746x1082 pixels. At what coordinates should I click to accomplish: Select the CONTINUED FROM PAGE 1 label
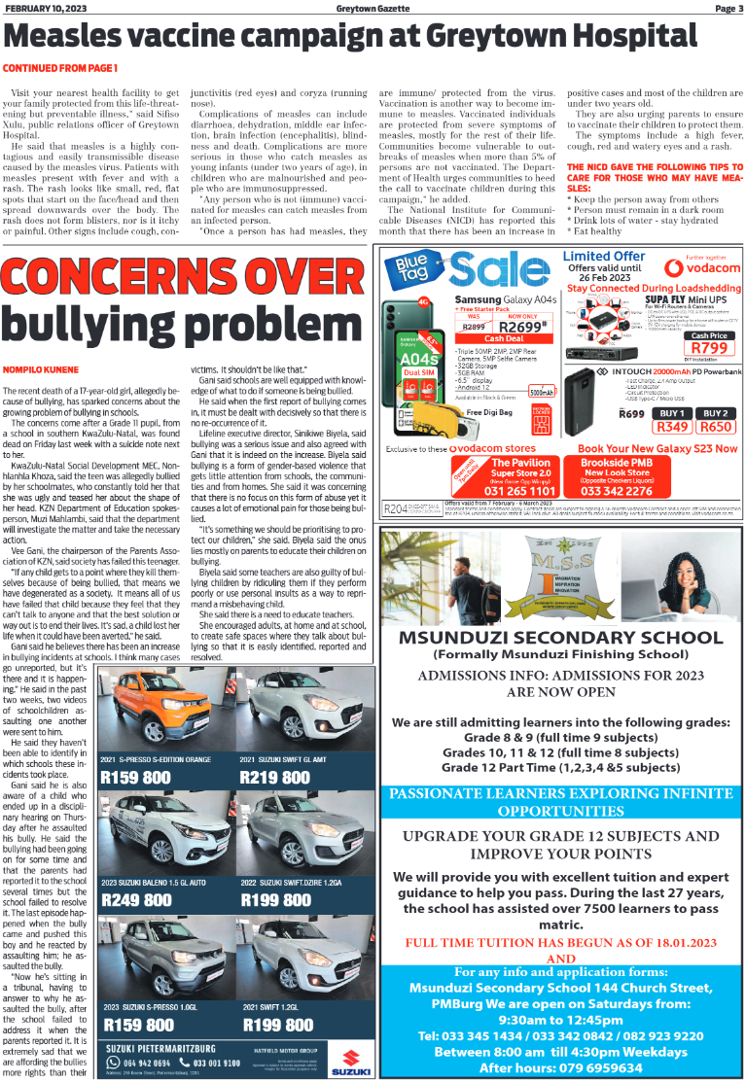point(60,68)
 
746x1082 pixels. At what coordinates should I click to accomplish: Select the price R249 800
point(137,900)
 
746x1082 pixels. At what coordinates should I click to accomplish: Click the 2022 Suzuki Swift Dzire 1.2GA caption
point(292,882)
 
